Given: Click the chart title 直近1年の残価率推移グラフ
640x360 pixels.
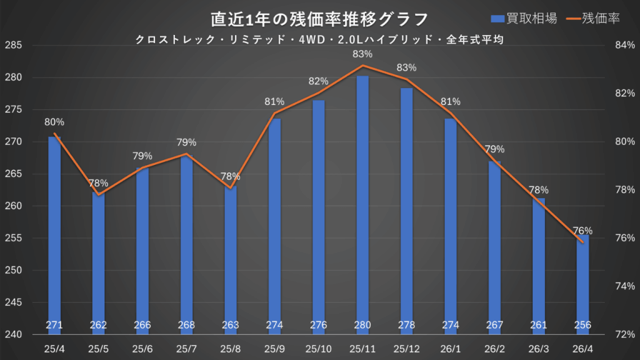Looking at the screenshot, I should (320, 19).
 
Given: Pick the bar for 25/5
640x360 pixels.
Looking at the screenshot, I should (99, 262).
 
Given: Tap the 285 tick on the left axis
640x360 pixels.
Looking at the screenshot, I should (14, 46).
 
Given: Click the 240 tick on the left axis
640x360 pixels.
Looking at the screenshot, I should (14, 334).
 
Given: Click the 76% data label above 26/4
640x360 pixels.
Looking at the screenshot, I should (582, 231).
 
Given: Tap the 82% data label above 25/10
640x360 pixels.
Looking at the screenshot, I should (319, 81).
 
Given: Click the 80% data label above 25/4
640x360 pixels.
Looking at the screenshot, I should (54, 122).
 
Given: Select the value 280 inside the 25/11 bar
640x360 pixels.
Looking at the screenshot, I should (362, 325).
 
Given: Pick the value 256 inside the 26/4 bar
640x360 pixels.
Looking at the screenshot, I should (582, 325).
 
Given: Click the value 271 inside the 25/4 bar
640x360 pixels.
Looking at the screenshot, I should (54, 325).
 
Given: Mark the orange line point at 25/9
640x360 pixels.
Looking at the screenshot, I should (274, 113).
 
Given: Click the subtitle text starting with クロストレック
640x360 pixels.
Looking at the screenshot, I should (320, 39).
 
